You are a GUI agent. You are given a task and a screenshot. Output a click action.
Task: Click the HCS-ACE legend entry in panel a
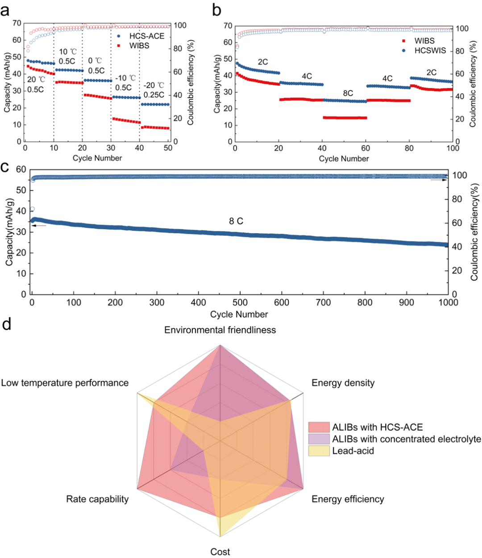(146, 36)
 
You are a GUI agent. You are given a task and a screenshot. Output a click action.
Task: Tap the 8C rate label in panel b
(348, 93)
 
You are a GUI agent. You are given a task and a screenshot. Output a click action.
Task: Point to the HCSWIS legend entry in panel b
(430, 50)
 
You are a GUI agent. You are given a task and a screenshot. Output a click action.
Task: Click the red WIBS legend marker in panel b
(404, 41)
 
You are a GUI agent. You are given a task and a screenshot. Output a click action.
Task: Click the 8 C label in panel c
(236, 221)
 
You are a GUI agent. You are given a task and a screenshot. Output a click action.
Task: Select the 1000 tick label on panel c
(448, 303)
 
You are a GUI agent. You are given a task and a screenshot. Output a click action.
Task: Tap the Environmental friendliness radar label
(220, 330)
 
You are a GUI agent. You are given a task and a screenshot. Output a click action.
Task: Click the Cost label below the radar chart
(220, 552)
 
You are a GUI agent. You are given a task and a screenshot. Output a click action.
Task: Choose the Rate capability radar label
(97, 499)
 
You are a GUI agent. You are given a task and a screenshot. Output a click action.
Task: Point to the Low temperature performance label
(65, 383)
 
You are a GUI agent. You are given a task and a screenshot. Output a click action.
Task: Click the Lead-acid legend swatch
(319, 451)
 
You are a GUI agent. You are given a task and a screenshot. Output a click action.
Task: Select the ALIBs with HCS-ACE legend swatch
(319, 427)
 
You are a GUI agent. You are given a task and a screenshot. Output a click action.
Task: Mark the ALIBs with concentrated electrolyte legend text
(407, 439)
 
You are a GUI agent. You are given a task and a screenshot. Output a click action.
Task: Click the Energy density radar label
(343, 383)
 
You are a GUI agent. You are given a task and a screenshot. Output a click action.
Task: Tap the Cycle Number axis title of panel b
(344, 159)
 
